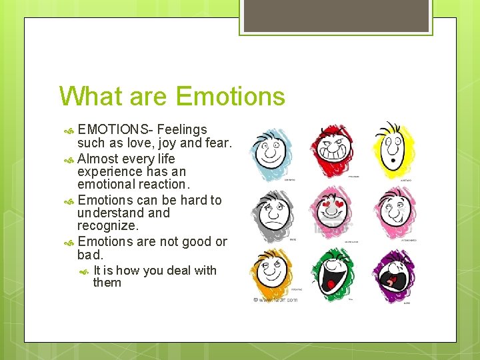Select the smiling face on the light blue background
click(271, 151)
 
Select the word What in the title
click(89, 97)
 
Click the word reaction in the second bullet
click(164, 184)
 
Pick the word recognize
click(107, 225)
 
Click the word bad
click(89, 255)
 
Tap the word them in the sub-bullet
click(107, 283)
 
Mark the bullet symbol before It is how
click(84, 271)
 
